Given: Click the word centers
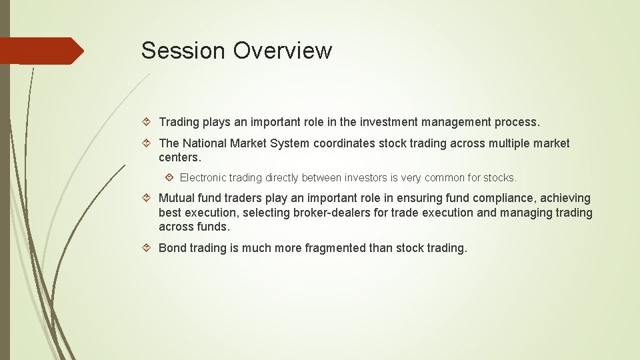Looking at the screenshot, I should (179, 158).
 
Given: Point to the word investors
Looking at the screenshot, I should (371, 178).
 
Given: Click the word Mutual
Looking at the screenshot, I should (177, 198).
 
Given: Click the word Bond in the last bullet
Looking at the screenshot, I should (173, 248).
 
